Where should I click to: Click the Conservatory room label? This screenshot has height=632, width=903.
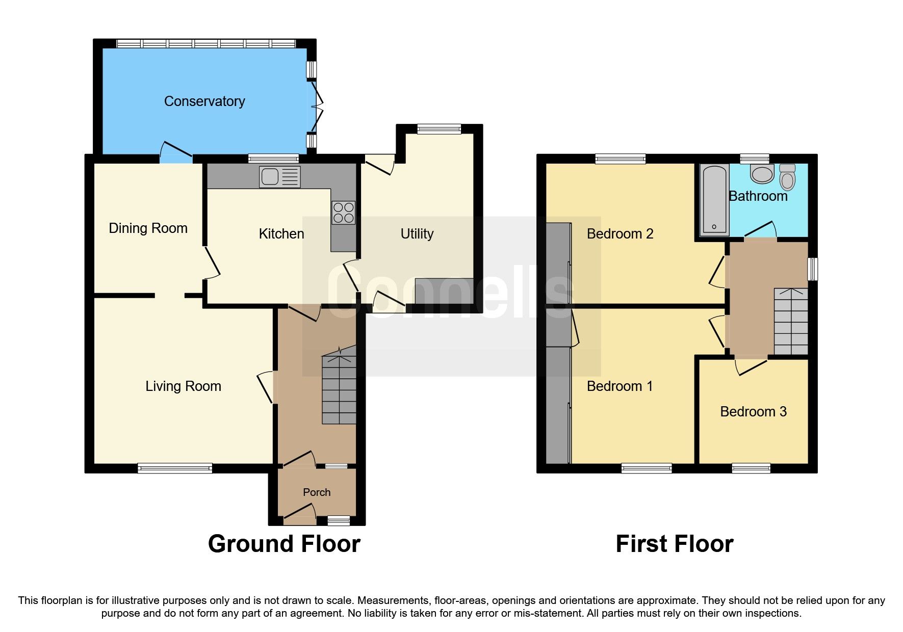(x=204, y=101)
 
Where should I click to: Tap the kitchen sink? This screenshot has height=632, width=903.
(x=279, y=177)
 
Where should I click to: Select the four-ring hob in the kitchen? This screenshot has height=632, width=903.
(x=343, y=213)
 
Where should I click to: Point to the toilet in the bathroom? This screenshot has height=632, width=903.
(x=787, y=176)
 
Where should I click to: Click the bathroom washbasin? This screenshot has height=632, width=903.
(x=762, y=174)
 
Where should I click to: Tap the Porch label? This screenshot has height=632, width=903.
(x=317, y=492)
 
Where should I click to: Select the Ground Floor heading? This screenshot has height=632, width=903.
(x=284, y=544)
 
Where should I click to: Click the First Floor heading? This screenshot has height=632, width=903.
(x=674, y=544)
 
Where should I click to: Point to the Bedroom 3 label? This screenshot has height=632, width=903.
(x=753, y=412)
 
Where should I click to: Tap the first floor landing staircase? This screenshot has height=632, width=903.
(x=791, y=322)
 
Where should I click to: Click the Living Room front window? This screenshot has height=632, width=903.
(x=175, y=468)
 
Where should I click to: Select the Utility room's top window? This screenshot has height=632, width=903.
(x=439, y=129)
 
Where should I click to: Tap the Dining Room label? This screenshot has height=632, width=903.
(x=148, y=228)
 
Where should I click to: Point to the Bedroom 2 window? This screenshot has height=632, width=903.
(x=620, y=159)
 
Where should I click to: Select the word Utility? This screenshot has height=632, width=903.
(x=417, y=234)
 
